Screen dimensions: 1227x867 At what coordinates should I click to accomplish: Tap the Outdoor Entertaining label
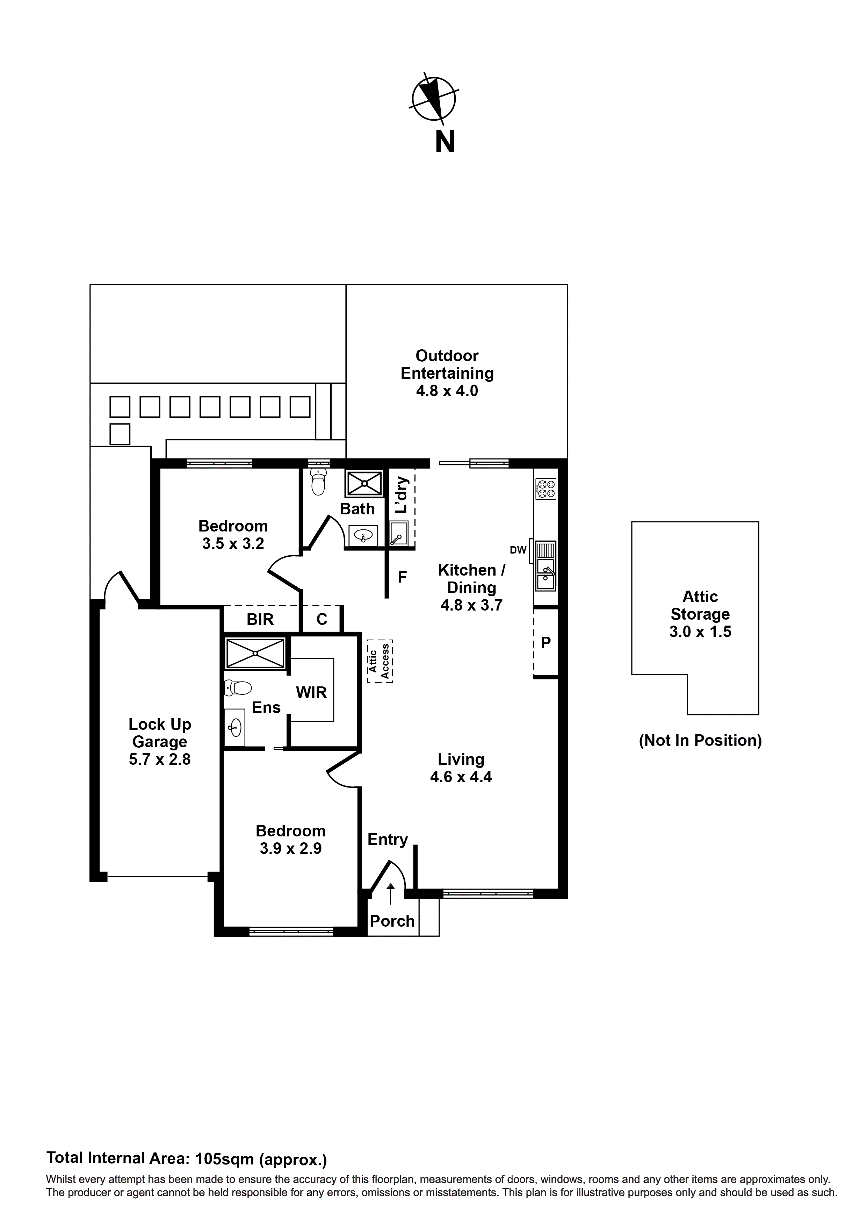pyautogui.click(x=447, y=364)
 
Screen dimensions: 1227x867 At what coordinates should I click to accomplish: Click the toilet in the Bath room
pyautogui.click(x=318, y=483)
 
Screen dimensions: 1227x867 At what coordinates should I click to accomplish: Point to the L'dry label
pyautogui.click(x=402, y=495)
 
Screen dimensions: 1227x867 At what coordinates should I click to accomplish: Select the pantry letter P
pyautogui.click(x=546, y=643)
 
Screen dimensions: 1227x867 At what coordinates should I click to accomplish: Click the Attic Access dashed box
pyautogui.click(x=380, y=661)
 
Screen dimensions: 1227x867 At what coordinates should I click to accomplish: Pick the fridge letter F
pyautogui.click(x=402, y=577)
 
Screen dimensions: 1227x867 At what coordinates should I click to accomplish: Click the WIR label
pyautogui.click(x=311, y=693)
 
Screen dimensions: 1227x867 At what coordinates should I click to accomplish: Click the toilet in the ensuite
pyautogui.click(x=238, y=688)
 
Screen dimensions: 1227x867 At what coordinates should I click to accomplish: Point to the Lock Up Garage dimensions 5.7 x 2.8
pyautogui.click(x=159, y=759)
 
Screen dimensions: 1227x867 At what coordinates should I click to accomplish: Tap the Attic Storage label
pyautogui.click(x=700, y=606)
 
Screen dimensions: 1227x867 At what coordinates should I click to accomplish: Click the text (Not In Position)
pyautogui.click(x=700, y=741)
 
